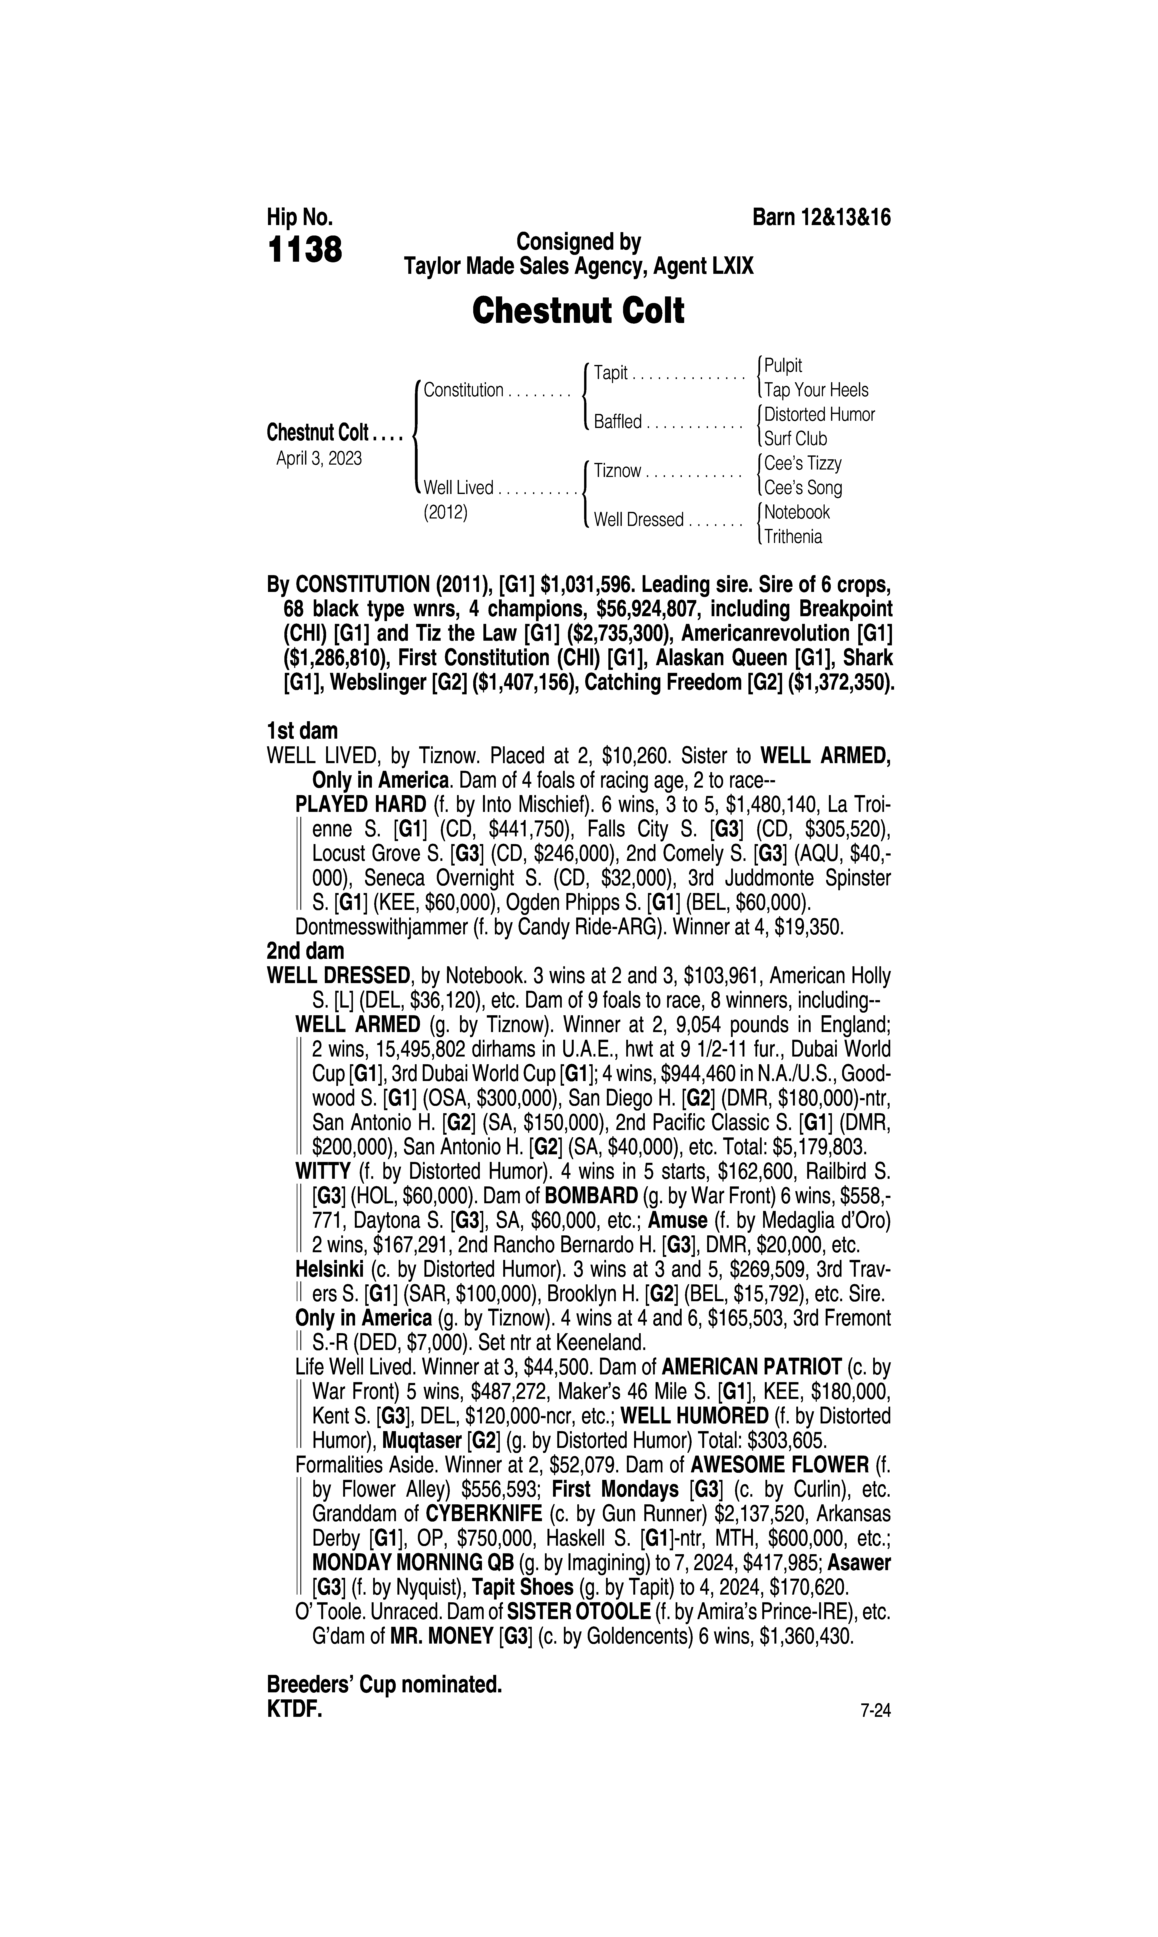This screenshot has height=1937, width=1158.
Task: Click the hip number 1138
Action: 304,251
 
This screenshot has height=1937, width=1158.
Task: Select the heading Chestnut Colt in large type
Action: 578,311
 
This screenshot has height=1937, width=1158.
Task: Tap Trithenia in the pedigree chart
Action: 793,537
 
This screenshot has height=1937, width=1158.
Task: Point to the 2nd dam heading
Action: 305,951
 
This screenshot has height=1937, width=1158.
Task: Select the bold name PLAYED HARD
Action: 361,805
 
